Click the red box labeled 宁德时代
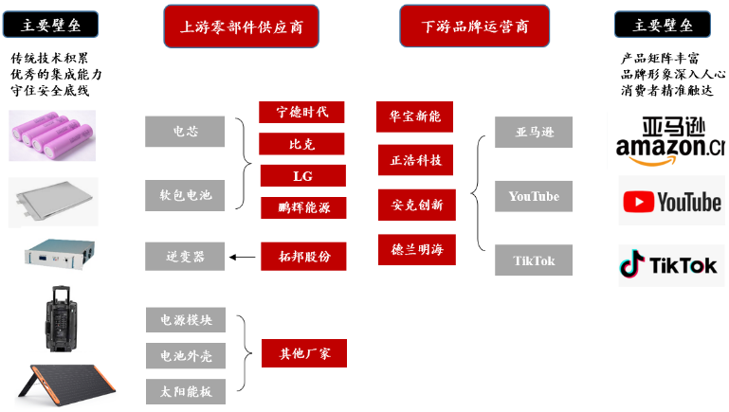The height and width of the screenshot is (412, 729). click(301, 113)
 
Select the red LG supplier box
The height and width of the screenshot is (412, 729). click(301, 176)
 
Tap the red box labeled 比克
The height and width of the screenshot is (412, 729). click(301, 145)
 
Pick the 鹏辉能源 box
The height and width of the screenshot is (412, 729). click(302, 207)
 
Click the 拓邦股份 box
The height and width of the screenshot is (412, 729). click(302, 256)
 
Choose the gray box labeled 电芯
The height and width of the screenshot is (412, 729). click(185, 132)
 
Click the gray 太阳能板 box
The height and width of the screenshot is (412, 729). click(185, 389)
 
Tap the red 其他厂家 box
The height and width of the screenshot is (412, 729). click(303, 354)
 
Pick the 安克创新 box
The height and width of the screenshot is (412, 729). click(415, 204)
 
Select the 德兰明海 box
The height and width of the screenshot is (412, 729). click(415, 249)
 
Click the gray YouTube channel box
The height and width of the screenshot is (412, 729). click(533, 196)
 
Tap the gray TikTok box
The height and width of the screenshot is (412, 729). click(533, 260)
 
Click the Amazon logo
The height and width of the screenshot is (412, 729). click(669, 138)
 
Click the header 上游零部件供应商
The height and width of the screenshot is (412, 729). click(241, 27)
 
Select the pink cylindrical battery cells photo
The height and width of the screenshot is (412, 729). click(52, 134)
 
